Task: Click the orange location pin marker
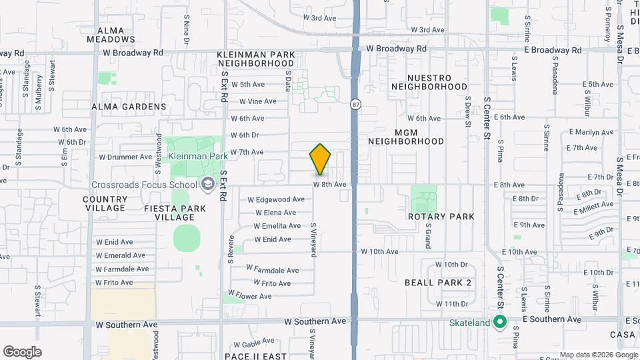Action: (320, 159)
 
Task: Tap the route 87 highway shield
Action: (356, 105)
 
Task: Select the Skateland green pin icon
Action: (500, 323)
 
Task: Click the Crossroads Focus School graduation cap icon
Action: (207, 184)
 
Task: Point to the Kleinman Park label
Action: (197, 156)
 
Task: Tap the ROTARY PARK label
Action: (441, 217)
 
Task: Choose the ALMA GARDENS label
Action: (129, 107)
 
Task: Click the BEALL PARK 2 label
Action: (438, 283)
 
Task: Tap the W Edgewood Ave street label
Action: (276, 199)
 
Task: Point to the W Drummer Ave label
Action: (125, 157)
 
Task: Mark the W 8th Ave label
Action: (330, 184)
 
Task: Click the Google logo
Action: (22, 352)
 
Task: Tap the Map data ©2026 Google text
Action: (597, 355)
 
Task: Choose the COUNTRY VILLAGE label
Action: (105, 203)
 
